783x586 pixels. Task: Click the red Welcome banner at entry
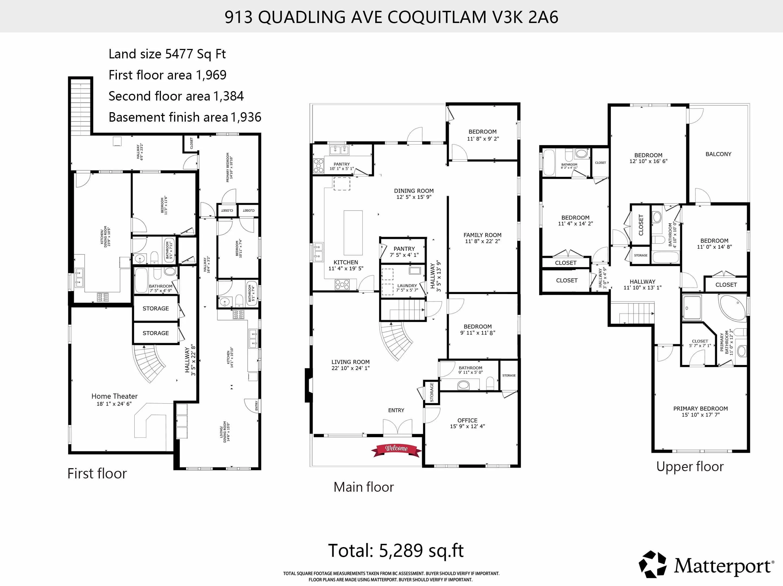click(396, 449)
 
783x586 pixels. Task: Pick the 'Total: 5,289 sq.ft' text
click(396, 551)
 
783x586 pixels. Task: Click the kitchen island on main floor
click(353, 232)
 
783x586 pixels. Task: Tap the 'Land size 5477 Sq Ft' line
click(167, 54)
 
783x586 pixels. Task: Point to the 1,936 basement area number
click(246, 117)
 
